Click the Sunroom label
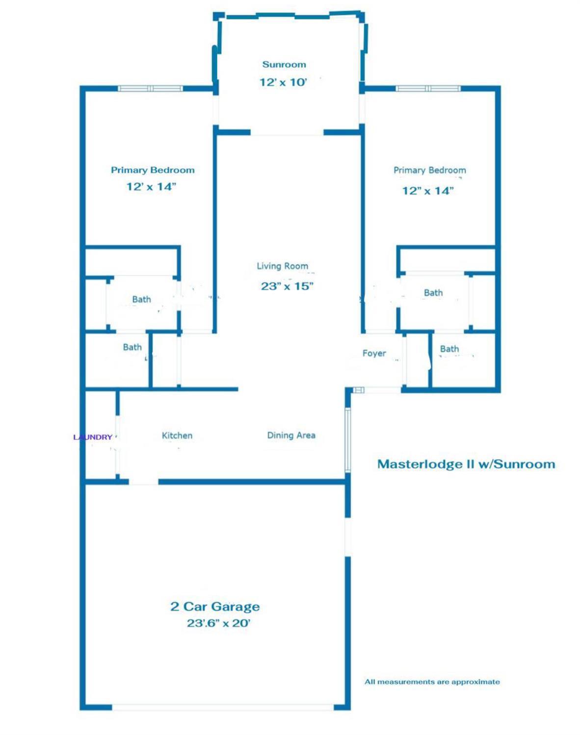[x=284, y=64]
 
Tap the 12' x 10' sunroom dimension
[x=283, y=82]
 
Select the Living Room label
[x=282, y=266]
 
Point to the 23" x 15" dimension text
[x=287, y=286]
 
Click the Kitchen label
[x=177, y=435]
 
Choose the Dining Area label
[x=291, y=435]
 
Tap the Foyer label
[x=374, y=353]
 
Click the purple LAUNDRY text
[x=93, y=437]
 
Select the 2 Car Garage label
[x=215, y=607]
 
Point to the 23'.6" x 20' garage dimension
[x=218, y=623]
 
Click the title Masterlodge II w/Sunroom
[x=466, y=464]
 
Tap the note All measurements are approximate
[x=432, y=682]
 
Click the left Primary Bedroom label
[x=153, y=170]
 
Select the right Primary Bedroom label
[x=429, y=170]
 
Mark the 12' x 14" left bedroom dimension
[x=151, y=186]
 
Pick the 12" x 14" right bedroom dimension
[x=427, y=191]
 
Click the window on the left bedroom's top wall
[x=150, y=89]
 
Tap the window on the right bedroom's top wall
[x=428, y=89]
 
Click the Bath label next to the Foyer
[x=449, y=349]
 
